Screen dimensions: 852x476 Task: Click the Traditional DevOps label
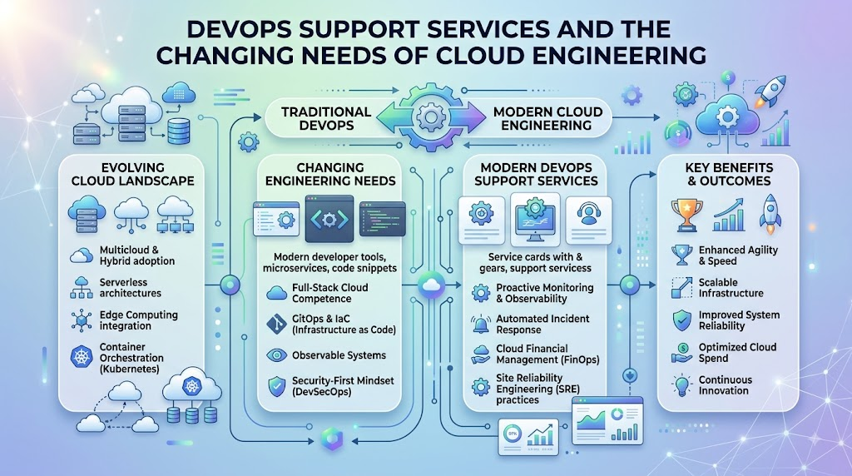(x=326, y=118)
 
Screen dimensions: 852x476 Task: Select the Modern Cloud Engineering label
(x=547, y=118)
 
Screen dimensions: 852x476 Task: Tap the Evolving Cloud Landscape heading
(x=132, y=175)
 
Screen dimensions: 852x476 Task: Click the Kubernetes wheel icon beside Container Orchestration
(x=82, y=358)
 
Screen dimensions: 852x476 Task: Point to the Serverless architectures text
(x=131, y=287)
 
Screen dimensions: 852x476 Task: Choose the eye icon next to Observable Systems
(x=276, y=355)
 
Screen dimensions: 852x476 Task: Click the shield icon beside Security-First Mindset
(x=276, y=386)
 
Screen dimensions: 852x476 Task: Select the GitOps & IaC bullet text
(x=344, y=324)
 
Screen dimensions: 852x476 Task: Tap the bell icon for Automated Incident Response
(x=480, y=325)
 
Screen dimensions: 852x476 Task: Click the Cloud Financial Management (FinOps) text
(x=547, y=355)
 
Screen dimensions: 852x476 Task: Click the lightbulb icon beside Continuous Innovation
(x=681, y=384)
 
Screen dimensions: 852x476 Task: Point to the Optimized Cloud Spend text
(x=737, y=353)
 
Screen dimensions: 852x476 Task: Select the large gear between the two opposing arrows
(x=431, y=116)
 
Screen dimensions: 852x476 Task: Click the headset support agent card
(x=588, y=220)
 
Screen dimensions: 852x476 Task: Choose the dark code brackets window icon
(x=329, y=219)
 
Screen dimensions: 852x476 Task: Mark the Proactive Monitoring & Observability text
(x=544, y=293)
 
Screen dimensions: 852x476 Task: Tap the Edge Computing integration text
(x=139, y=320)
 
